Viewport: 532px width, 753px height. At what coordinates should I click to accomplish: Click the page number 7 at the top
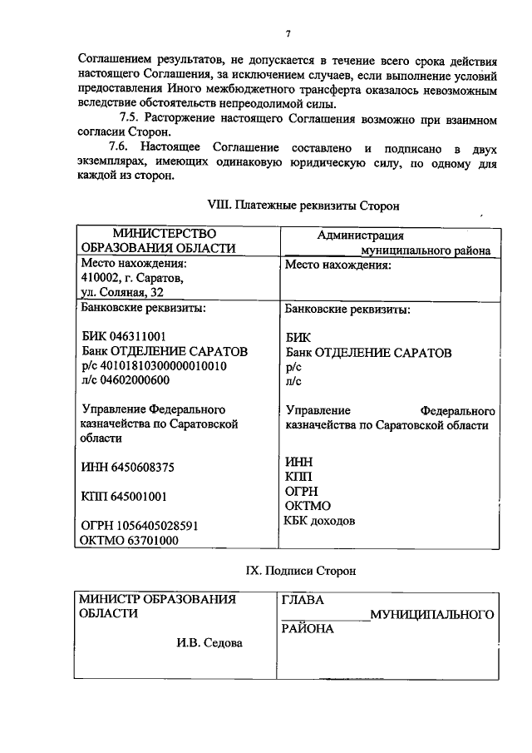coord(287,33)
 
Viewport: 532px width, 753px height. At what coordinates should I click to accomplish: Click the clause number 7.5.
coord(134,119)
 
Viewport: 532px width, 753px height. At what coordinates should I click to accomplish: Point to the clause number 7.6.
coord(134,147)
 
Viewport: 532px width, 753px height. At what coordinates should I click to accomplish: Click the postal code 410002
coord(98,278)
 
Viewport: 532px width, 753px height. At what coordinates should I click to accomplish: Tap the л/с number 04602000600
coord(134,380)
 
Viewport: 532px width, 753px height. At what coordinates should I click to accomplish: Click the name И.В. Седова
coord(209,642)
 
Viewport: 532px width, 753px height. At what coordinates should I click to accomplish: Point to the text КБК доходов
coord(320,521)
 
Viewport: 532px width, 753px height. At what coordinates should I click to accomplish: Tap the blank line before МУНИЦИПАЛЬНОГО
coord(324,615)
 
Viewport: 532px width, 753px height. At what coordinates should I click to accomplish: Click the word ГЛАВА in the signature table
coord(303,600)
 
